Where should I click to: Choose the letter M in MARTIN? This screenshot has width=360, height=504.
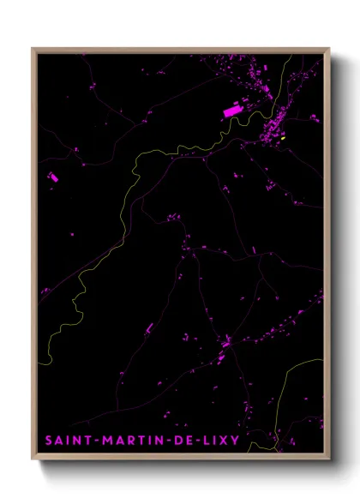106,441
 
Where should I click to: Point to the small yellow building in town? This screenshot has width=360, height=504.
282,137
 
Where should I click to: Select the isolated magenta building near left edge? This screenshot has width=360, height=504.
53,177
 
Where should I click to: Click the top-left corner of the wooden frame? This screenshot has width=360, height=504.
33,49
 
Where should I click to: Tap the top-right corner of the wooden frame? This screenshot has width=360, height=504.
328,49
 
